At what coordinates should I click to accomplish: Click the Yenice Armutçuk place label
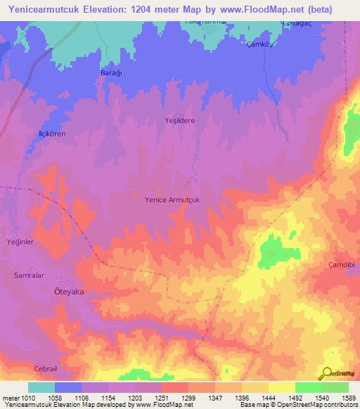coord(173,200)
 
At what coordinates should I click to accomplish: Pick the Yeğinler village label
coord(20,241)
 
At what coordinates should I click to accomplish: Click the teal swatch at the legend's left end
coord(41,387)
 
